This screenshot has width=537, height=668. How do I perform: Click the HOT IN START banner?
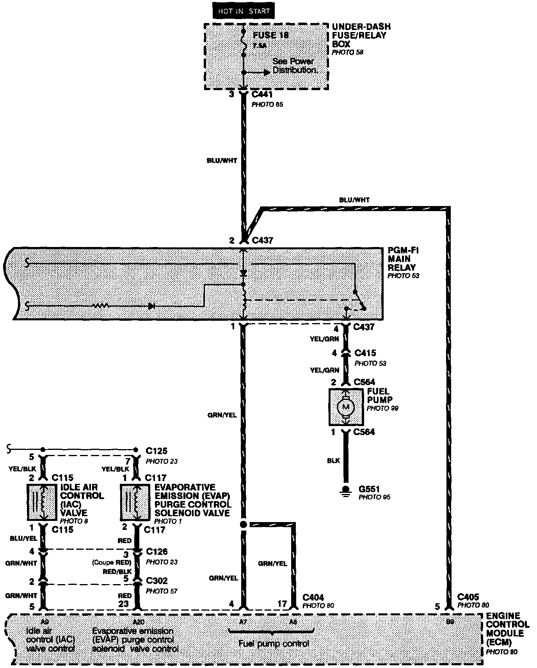pos(244,11)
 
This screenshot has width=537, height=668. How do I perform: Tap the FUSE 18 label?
pos(270,35)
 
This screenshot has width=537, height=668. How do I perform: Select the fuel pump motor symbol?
pos(346,407)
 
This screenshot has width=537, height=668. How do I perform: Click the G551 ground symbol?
pos(345,490)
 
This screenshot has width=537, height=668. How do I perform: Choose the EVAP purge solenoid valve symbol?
pos(135,502)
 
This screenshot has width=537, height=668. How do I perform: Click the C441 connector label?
pos(262,94)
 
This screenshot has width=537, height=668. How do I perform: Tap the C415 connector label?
pos(365,353)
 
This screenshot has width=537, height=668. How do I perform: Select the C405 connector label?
pos(468,597)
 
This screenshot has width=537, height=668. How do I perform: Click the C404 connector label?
pos(313,597)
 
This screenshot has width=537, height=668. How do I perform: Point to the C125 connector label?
pos(156,451)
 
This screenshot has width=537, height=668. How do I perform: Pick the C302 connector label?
pos(156,581)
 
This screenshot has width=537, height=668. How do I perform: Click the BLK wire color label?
pos(333,461)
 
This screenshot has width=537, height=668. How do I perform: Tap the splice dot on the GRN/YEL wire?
pos(244,524)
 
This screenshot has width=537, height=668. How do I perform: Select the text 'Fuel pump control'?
pos(274,643)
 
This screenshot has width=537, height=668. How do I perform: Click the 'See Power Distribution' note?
pos(293,66)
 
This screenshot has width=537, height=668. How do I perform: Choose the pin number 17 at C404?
pos(282,604)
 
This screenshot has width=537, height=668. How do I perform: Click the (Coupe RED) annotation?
pos(112,562)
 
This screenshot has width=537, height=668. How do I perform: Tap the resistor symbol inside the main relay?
pos(101,306)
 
